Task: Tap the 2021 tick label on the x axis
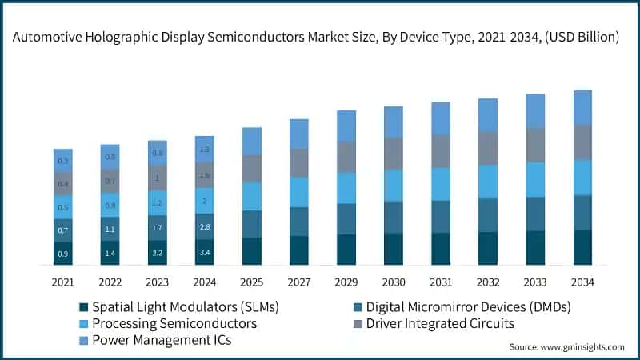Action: (x=63, y=282)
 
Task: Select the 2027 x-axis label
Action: (x=298, y=282)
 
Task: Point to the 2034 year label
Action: (x=582, y=282)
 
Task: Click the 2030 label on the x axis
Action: (x=393, y=282)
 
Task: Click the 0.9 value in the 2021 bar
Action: (x=63, y=254)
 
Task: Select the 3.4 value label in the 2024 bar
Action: (x=205, y=253)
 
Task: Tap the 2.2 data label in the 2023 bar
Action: (x=158, y=253)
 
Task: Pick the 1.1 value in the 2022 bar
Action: (x=110, y=229)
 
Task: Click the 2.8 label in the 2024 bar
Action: (x=205, y=227)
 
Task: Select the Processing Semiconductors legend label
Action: (x=174, y=323)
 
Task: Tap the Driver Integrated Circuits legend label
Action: (x=439, y=323)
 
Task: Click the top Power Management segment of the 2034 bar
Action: (x=582, y=107)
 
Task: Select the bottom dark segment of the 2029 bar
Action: (x=346, y=249)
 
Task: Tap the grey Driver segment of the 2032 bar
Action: (x=487, y=147)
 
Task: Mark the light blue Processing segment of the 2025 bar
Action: (x=252, y=196)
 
